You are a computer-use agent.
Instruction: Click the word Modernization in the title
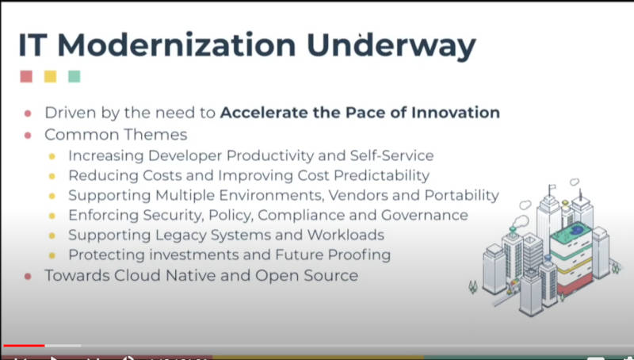[x=177, y=44]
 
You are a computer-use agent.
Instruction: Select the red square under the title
[x=26, y=76]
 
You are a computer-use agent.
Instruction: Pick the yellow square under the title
[x=51, y=76]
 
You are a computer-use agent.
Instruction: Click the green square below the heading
[x=74, y=76]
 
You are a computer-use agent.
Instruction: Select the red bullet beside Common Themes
[x=28, y=135]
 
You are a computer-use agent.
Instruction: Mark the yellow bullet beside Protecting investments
[x=52, y=255]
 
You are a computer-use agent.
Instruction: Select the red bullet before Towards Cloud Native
[x=28, y=276]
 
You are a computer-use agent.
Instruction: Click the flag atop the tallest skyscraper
[x=552, y=187]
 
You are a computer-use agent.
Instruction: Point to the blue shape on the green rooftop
[x=576, y=230]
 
